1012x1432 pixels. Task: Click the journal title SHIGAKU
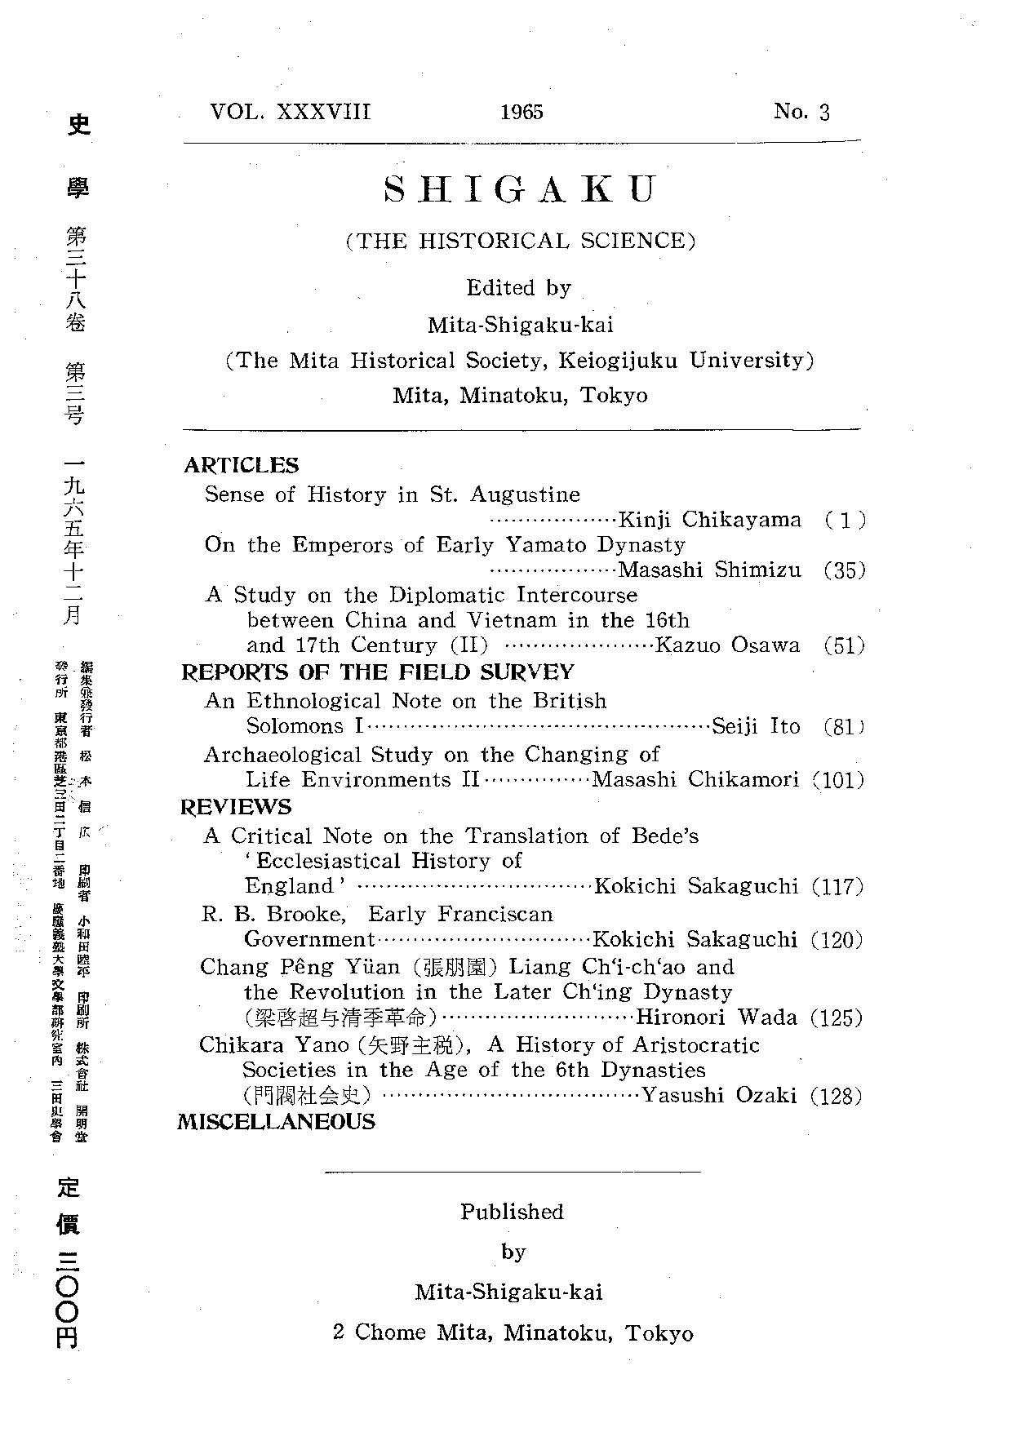[520, 189]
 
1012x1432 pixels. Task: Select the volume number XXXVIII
[323, 111]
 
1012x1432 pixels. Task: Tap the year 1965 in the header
[522, 112]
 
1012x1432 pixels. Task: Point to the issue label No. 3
[801, 112]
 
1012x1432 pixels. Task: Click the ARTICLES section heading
[242, 465]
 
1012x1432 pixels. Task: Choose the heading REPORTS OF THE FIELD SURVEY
[377, 672]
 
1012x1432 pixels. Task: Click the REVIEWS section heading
[236, 807]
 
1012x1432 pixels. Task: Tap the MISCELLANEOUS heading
[276, 1121]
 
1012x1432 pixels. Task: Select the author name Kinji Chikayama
[710, 520]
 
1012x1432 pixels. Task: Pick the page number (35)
[844, 570]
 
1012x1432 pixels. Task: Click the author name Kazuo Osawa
[728, 645]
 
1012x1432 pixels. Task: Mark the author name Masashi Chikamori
[695, 779]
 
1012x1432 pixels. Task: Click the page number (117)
[837, 886]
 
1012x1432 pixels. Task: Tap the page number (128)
[837, 1096]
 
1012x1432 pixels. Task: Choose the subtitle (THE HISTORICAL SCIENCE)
[521, 241]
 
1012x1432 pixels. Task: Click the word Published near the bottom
[512, 1212]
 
